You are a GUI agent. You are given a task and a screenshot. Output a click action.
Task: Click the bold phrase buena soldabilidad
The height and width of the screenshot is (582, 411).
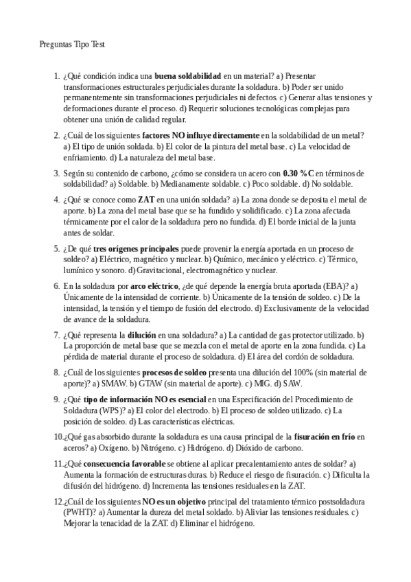[x=187, y=75]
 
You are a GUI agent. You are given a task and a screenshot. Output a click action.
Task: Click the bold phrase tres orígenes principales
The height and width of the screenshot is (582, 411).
[x=136, y=248]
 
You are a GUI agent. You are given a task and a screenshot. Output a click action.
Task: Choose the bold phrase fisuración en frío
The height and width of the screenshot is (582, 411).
[x=327, y=436]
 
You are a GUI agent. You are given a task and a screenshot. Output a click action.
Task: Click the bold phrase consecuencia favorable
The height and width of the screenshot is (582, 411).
[x=126, y=463]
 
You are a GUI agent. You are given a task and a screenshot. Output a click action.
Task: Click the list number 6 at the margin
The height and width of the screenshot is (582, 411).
[x=56, y=286]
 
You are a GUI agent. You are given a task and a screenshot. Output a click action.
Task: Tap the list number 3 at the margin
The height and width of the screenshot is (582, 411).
[x=56, y=173]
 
